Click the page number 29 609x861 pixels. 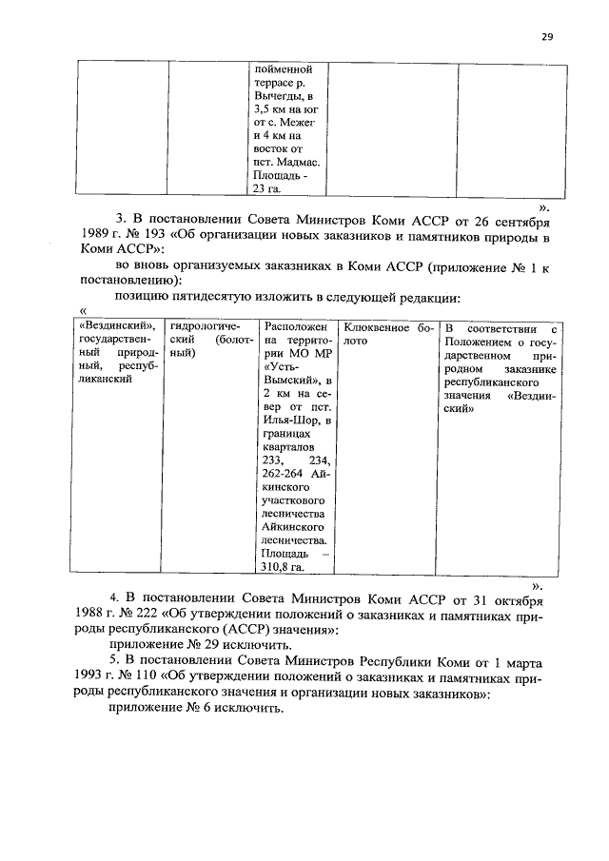pos(547,37)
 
